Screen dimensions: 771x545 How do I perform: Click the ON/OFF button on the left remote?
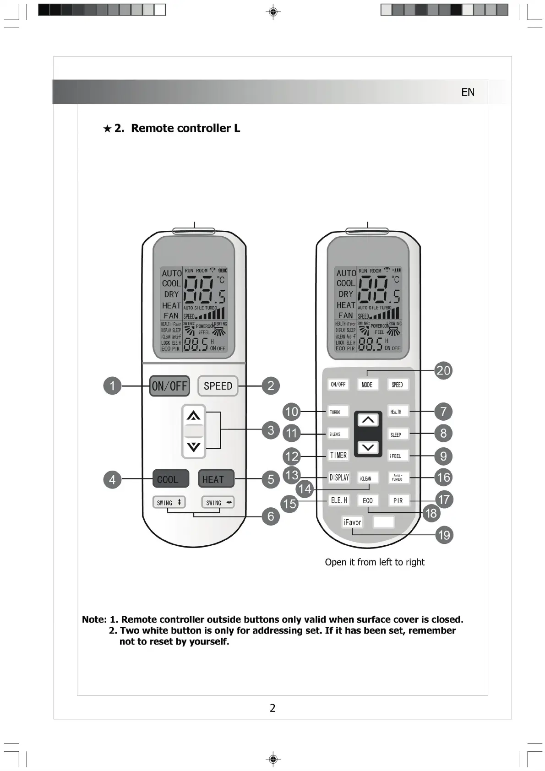pyautogui.click(x=169, y=386)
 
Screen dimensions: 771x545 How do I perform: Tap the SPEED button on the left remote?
pyautogui.click(x=218, y=386)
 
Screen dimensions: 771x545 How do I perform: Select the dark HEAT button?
pyautogui.click(x=216, y=479)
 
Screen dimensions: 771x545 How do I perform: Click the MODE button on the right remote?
pyautogui.click(x=367, y=385)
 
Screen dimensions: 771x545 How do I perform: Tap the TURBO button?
pyautogui.click(x=338, y=412)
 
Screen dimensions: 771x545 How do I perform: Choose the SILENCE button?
pyautogui.click(x=338, y=434)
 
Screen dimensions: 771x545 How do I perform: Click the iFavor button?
pyautogui.click(x=352, y=522)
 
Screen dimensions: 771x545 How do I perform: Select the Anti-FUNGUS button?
pyautogui.click(x=397, y=478)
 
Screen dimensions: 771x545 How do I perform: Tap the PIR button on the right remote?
pyautogui.click(x=398, y=500)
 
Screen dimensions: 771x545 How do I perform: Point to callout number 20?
pyautogui.click(x=443, y=370)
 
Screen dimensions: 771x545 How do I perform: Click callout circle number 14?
pyautogui.click(x=305, y=489)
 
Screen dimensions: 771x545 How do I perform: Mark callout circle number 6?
pyautogui.click(x=271, y=516)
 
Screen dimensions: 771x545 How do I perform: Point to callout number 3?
pyautogui.click(x=271, y=430)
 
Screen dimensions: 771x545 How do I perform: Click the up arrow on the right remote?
pyautogui.click(x=368, y=420)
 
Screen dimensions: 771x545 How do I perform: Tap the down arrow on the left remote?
pyautogui.click(x=194, y=446)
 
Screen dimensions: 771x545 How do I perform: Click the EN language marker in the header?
pyautogui.click(x=468, y=92)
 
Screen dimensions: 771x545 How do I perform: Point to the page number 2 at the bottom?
pyautogui.click(x=272, y=708)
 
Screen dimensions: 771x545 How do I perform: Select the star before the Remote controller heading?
pyautogui.click(x=107, y=129)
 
